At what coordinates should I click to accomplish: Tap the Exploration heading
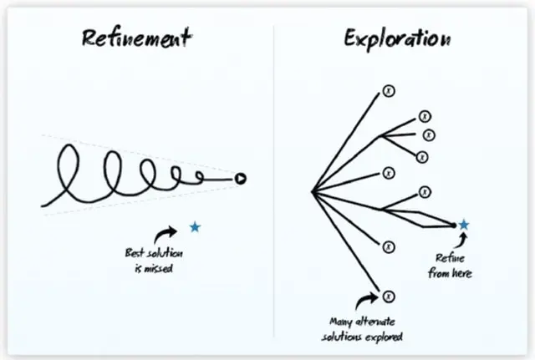point(398,38)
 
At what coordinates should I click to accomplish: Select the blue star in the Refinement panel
point(195,227)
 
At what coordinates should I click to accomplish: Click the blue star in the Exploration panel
point(464,225)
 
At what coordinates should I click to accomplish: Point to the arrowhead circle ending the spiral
point(240,177)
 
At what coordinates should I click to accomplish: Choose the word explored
point(385,336)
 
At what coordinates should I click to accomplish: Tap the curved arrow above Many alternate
point(365,298)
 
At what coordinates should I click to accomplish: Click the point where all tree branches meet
point(313,193)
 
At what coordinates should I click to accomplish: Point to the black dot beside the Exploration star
point(453,225)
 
